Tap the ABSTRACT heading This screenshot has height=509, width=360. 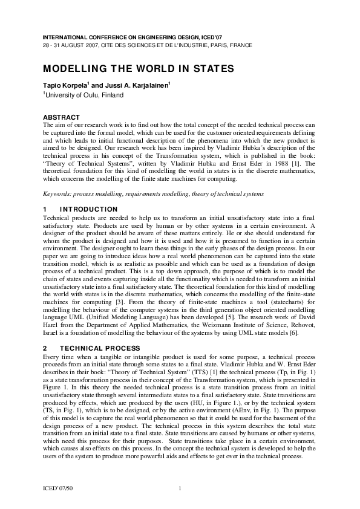pos(61,116)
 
